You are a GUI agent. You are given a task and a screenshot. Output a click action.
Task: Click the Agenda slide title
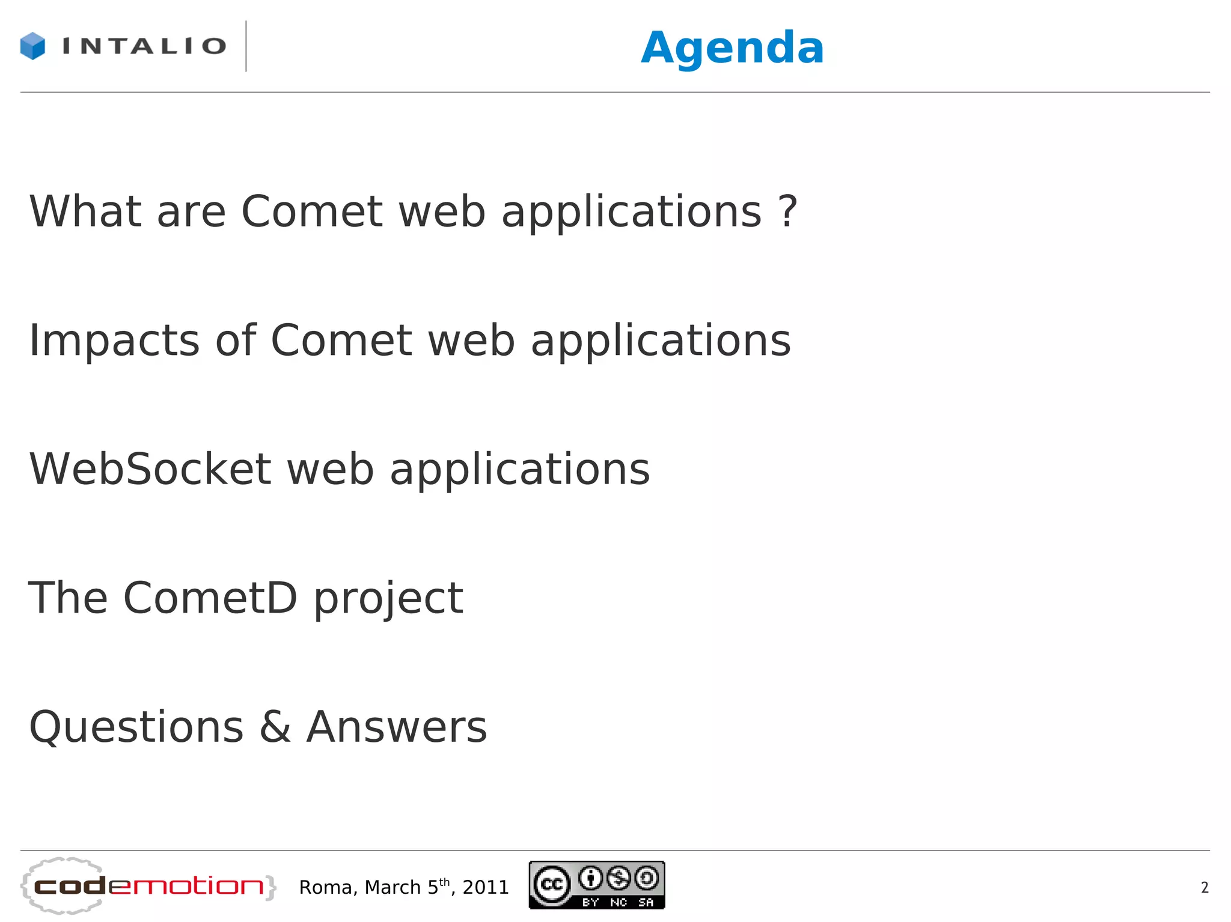(732, 48)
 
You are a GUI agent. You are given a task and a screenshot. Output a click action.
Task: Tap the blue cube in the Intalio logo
(32, 46)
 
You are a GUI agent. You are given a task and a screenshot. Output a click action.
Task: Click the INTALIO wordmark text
(144, 46)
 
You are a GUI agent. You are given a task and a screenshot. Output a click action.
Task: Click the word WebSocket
(150, 469)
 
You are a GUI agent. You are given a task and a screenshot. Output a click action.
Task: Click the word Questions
(136, 727)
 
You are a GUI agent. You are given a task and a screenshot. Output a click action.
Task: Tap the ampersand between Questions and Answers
(275, 727)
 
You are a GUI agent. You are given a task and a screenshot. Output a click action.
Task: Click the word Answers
(397, 727)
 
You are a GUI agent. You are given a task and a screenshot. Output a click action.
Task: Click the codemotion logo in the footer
(148, 886)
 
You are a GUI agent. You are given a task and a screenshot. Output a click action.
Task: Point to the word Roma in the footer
(329, 887)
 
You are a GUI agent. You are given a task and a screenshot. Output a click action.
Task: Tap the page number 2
(1204, 887)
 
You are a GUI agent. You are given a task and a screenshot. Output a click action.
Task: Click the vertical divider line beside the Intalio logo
(246, 46)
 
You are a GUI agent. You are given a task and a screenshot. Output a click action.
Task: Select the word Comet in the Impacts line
(341, 341)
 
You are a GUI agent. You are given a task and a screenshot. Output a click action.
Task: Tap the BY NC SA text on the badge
(617, 902)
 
